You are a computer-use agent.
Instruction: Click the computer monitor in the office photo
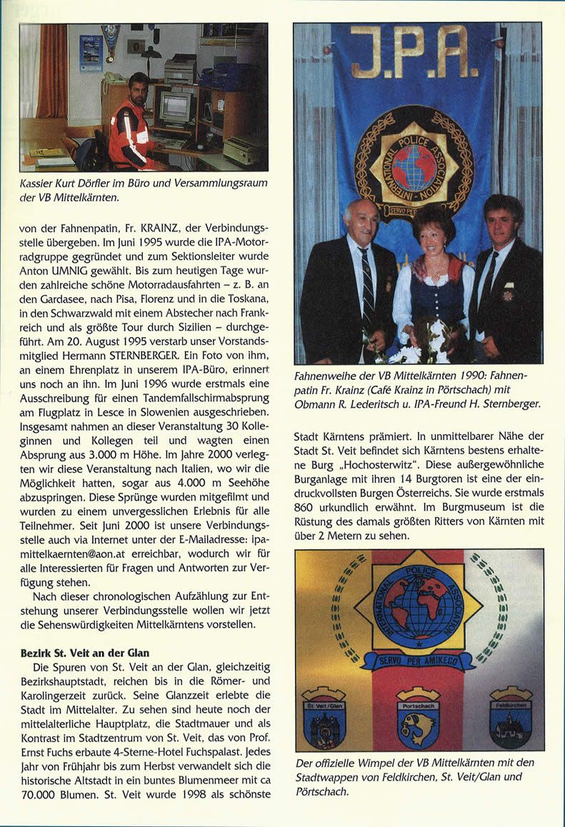[x=175, y=107]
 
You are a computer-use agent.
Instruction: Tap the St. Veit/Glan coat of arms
[x=324, y=719]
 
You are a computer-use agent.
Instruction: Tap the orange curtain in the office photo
[x=51, y=71]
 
